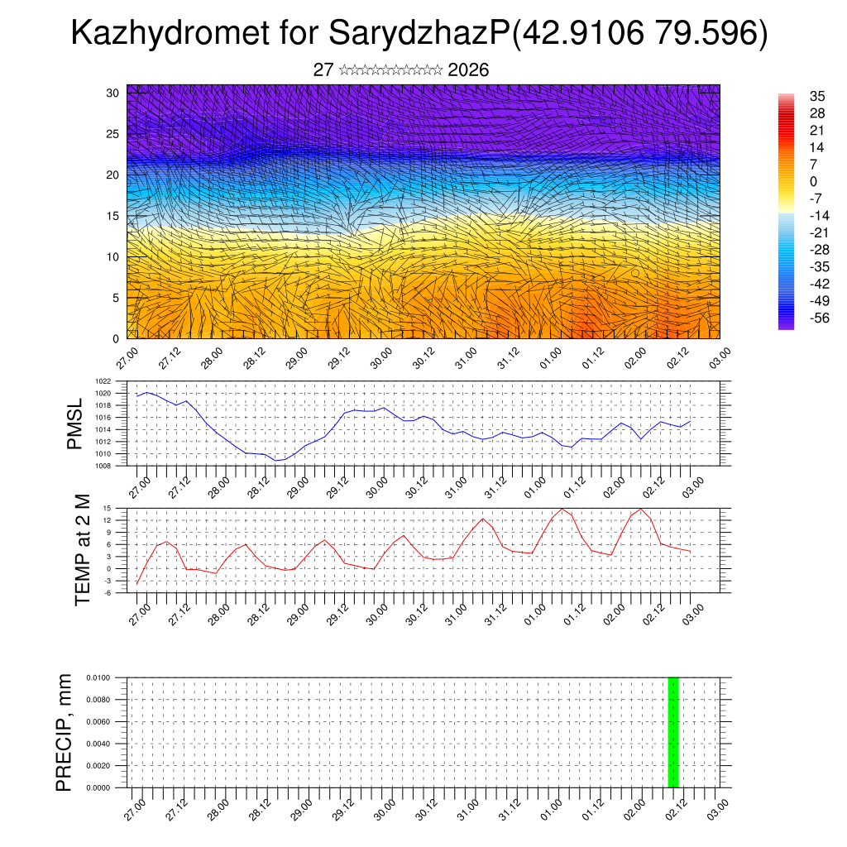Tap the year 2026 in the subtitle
click(468, 70)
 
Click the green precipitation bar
click(673, 732)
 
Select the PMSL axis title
click(74, 423)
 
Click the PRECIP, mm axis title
click(65, 732)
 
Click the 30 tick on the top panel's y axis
click(112, 93)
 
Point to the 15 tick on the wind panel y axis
click(112, 216)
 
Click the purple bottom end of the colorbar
click(786, 326)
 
